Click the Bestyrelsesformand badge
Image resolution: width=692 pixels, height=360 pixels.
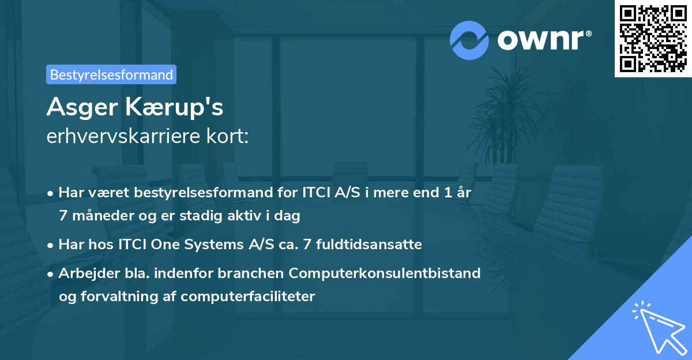coord(111,74)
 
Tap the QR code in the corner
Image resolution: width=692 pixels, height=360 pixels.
coord(653,38)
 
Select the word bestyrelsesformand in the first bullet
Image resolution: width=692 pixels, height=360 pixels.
coord(197,193)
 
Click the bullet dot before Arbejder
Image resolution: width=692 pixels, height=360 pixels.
coord(51,273)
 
